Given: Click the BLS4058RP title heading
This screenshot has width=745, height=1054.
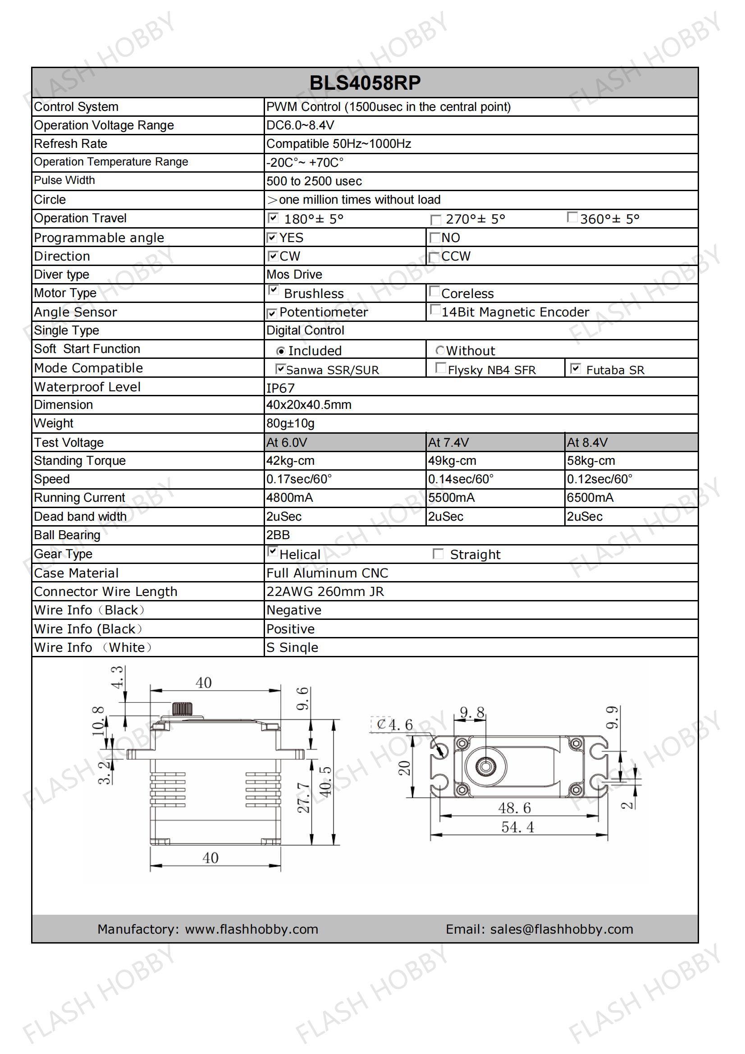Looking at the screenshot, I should pos(365,83).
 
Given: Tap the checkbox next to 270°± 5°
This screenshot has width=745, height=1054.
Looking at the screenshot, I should pos(435,220).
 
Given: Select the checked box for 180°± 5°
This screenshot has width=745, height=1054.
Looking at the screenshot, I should pos(273,218).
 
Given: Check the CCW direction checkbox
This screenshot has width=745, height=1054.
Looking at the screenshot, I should pos(434,257).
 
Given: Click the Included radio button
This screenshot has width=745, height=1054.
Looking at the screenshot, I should pos(280,351).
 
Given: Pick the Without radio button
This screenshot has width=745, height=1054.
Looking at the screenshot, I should pos(440,351).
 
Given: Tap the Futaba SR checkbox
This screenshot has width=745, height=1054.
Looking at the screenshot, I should pos(575,368).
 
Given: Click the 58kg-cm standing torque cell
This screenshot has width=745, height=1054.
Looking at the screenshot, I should pos(591,460).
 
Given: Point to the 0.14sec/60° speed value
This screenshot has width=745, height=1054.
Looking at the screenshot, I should pos(461,479).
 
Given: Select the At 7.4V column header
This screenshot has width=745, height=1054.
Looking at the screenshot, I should pos(448,443).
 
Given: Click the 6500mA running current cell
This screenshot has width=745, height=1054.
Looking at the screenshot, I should pos(590,498).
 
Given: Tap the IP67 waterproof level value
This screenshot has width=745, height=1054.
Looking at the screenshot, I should pos(280,388).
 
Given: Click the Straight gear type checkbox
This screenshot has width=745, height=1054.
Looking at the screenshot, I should pos(438,554).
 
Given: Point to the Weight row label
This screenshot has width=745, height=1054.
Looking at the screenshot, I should pos(54,423).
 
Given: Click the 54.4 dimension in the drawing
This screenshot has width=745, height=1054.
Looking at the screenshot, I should pos(517,827).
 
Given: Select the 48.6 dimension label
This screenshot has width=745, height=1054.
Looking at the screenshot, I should pos(514,808).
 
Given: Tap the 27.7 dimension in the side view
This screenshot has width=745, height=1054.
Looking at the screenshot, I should pos(303,797).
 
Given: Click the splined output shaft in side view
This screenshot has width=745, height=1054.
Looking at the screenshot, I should pos(182,709).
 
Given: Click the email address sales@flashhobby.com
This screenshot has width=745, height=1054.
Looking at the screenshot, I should pos(562,929).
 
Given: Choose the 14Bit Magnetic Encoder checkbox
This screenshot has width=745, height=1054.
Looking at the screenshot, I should pos(435,310).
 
